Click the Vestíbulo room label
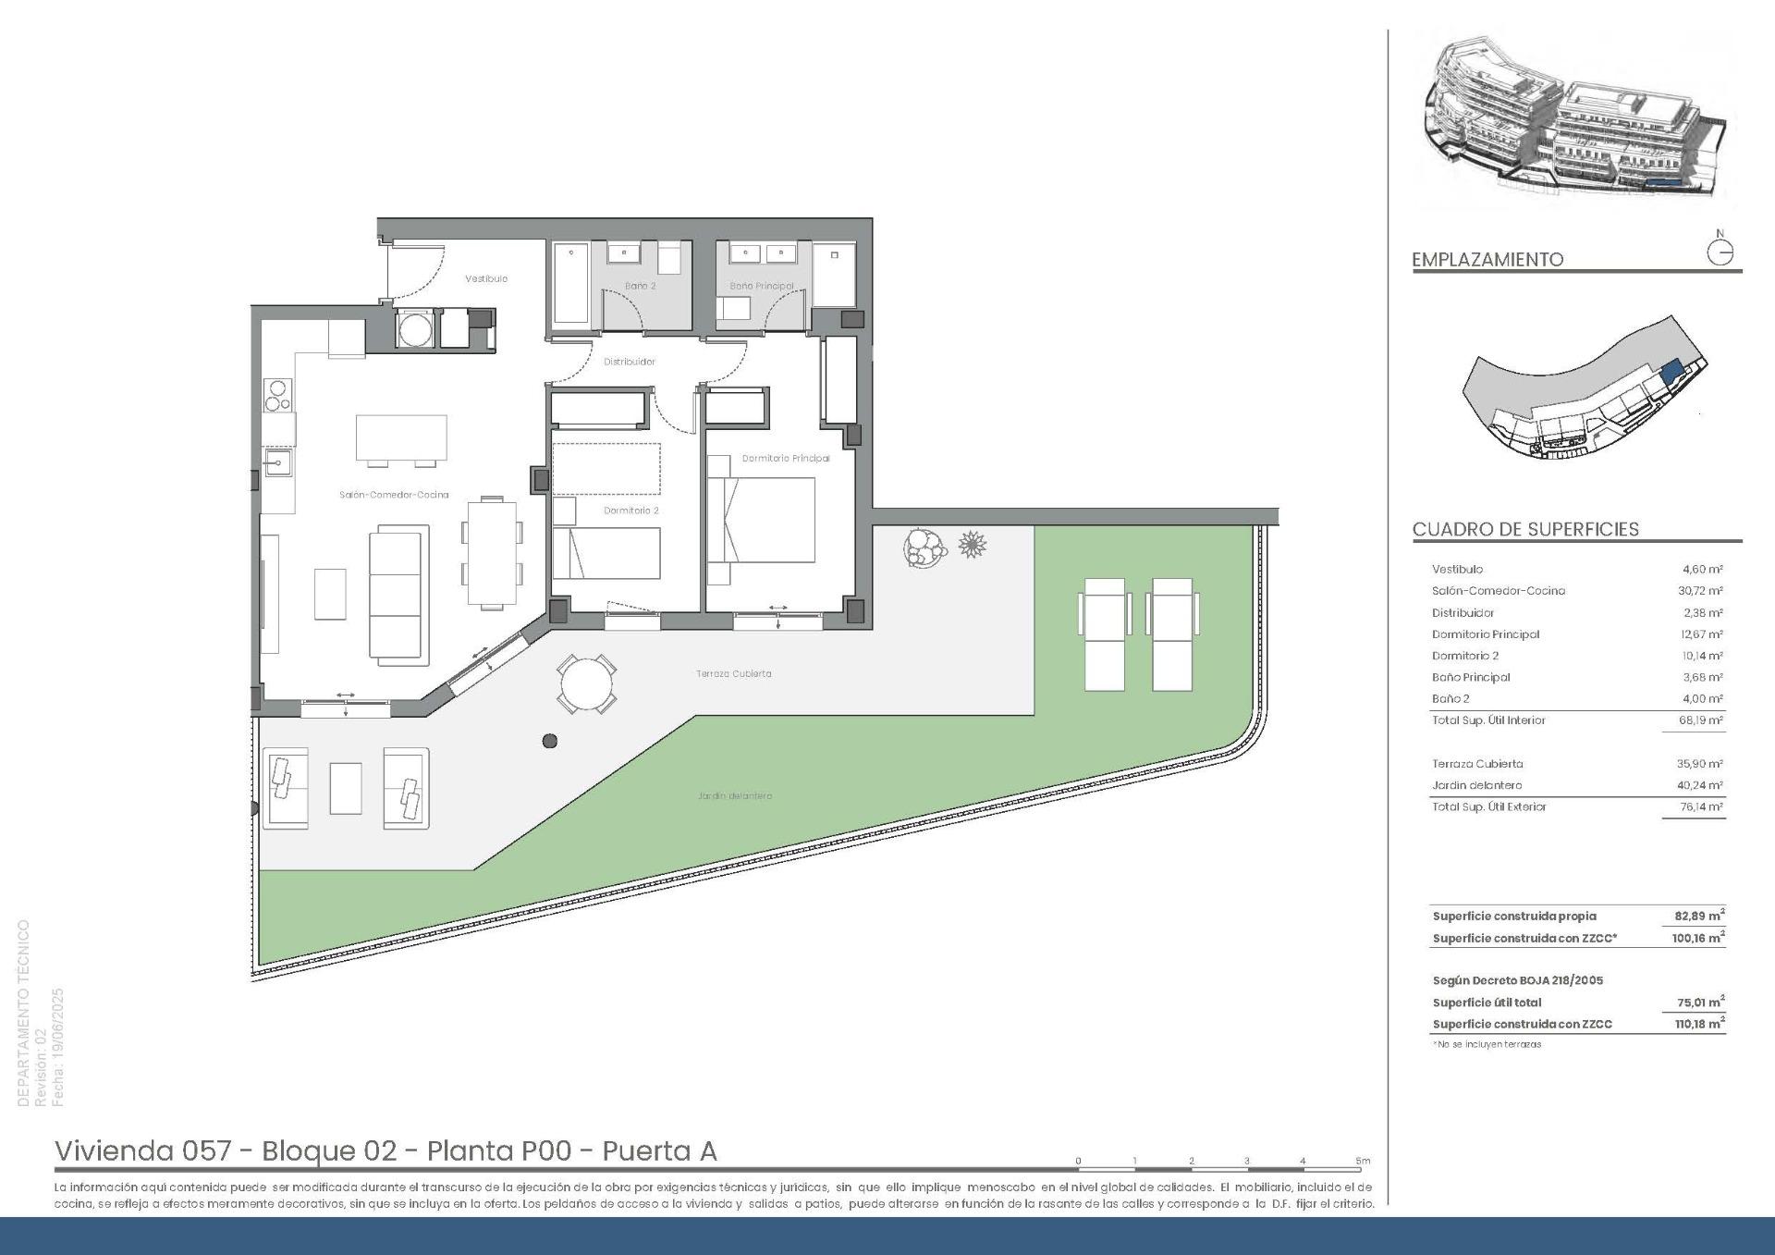(x=486, y=278)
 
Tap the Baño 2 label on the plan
(x=640, y=286)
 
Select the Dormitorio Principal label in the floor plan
(x=786, y=458)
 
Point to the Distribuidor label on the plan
(x=630, y=362)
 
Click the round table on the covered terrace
(x=587, y=684)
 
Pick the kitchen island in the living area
(x=401, y=437)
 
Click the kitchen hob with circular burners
(x=277, y=395)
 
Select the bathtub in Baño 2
(x=571, y=284)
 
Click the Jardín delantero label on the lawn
(x=735, y=795)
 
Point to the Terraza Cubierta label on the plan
(x=734, y=673)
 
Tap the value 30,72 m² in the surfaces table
(x=1703, y=591)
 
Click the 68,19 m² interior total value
(x=1703, y=720)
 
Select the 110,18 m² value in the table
(x=1699, y=1024)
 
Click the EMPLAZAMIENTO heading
(x=1487, y=260)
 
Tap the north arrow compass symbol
(x=1720, y=252)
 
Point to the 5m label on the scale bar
(x=1363, y=1161)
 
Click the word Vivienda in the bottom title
(x=115, y=1150)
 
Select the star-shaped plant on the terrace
(x=972, y=545)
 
